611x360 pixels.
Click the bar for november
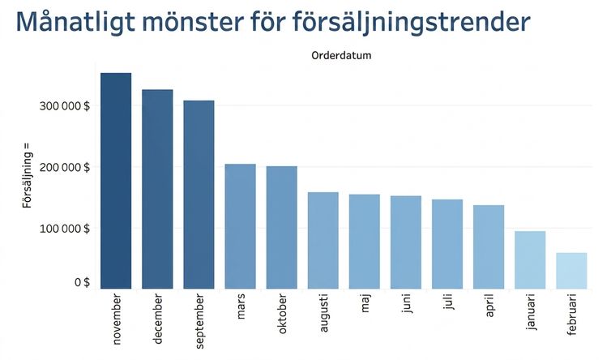116,181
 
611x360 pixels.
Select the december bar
157,189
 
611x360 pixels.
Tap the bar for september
199,195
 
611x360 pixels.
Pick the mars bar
241,226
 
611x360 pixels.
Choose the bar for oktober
282,227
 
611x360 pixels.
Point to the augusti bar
323,240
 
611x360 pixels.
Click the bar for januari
530,259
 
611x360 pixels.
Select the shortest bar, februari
571,271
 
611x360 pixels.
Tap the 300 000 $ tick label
64,105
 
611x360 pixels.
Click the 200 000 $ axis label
64,167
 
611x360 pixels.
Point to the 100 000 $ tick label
64,229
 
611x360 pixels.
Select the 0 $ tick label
82,282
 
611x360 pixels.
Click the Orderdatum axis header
341,55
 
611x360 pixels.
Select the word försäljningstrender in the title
411,22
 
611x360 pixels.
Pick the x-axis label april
489,306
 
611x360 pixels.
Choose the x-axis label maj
365,304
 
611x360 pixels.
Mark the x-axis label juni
407,305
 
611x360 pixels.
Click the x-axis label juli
448,302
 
